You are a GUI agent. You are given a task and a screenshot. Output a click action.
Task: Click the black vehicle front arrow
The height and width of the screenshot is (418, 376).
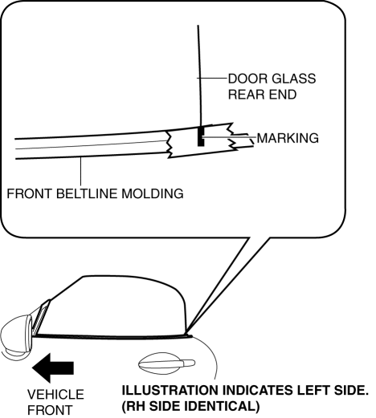pos(53,367)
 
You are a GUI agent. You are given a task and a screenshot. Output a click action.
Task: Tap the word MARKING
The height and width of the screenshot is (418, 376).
pos(288,138)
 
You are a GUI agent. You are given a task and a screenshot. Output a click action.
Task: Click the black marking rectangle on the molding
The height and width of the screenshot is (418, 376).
pos(201,136)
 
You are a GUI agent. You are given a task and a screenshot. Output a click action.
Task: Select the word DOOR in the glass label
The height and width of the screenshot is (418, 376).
pos(247,79)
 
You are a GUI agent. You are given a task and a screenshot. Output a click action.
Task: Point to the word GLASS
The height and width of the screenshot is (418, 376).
pos(293,79)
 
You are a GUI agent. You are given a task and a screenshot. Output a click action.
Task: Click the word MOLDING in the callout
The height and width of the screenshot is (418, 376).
pos(153,193)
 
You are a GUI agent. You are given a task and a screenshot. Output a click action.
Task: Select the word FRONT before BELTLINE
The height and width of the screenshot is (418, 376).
pos(30,193)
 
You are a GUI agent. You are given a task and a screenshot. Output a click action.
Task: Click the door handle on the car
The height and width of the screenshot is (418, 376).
pos(166,363)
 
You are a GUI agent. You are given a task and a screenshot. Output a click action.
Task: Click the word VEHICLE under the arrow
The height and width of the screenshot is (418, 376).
pos(55,395)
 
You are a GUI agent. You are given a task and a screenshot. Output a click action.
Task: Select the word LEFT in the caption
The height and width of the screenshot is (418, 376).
pos(312,391)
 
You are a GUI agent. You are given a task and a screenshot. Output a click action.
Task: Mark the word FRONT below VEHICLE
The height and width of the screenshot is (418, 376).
pos(50,410)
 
